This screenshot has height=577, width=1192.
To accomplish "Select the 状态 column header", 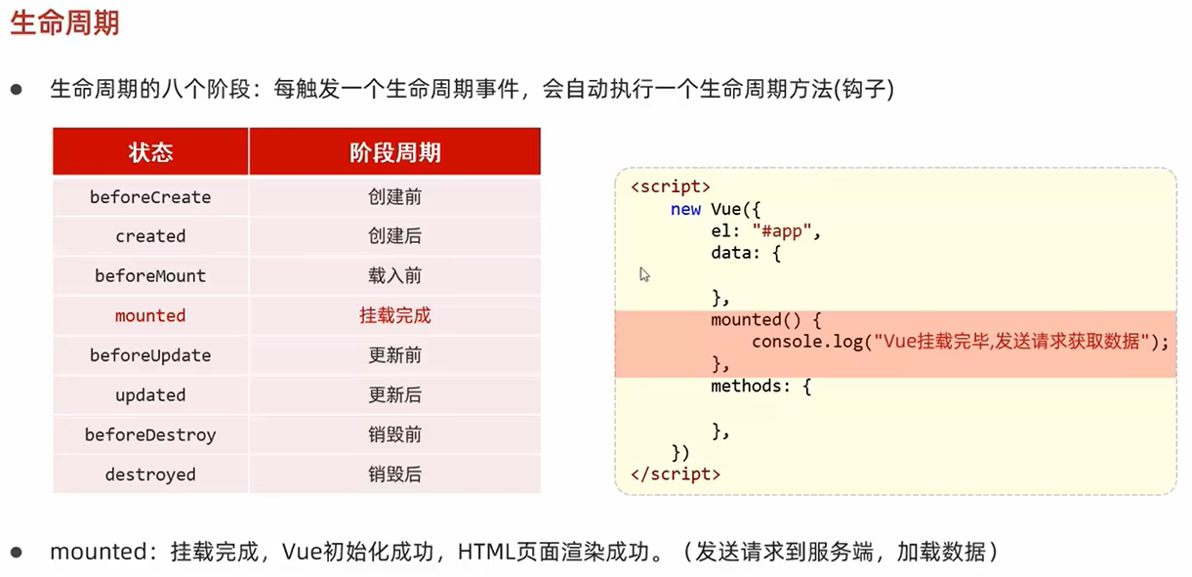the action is [x=150, y=152].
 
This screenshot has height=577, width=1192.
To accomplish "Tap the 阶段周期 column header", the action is [x=394, y=152].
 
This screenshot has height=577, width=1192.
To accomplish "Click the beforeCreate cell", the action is [x=150, y=197].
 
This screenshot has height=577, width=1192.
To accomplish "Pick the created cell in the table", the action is [x=150, y=236].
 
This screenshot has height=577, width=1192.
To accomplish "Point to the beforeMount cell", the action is [x=150, y=276].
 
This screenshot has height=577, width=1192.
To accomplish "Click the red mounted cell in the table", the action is [x=150, y=315].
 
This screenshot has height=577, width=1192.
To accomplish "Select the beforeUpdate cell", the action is [x=150, y=355].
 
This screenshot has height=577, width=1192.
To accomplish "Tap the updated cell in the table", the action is [x=150, y=395].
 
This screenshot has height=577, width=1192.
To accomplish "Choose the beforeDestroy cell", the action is [x=150, y=434].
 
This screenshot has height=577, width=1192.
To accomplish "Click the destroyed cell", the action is [x=150, y=474].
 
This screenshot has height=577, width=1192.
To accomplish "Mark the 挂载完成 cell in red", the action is [x=394, y=315].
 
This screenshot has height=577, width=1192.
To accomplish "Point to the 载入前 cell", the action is [x=394, y=276].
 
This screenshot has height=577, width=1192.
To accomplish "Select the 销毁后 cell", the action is [x=394, y=474].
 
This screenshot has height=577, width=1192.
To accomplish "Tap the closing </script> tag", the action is [x=676, y=475].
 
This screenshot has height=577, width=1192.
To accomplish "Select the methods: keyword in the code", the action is [x=751, y=387].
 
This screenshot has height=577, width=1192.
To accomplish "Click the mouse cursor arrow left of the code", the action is [x=644, y=275].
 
